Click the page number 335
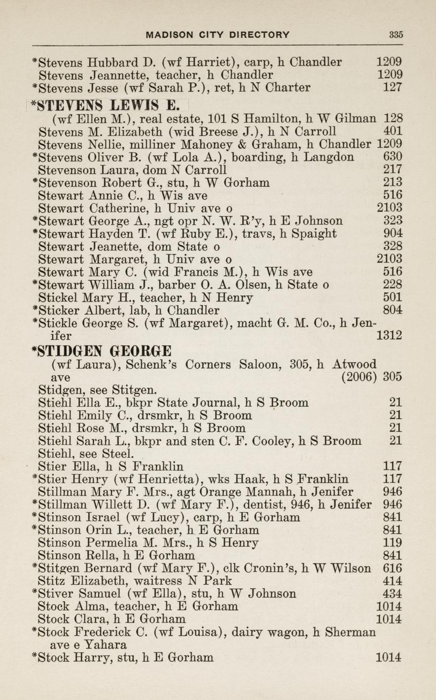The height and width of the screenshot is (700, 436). pos(396,35)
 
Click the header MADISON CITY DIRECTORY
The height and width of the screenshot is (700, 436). pos(218,35)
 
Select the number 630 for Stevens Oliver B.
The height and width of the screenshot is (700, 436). pos(393,157)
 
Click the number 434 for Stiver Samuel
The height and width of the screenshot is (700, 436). pos(393,593)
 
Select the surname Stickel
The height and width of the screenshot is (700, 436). pos(56,297)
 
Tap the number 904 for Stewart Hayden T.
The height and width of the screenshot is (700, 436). pos(393,234)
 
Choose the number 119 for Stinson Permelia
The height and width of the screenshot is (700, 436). pos(393,543)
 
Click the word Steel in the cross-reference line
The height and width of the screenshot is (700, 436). pos(118,453)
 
